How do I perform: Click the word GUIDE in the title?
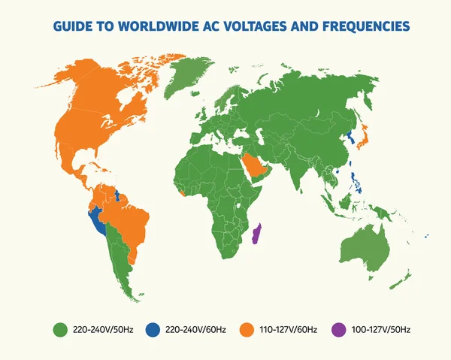tap(73, 27)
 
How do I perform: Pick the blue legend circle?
tap(153, 329)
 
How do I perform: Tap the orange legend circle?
tap(246, 329)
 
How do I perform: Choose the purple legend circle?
tap(338, 329)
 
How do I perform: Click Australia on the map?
tap(365, 244)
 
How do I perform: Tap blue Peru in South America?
tap(97, 222)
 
